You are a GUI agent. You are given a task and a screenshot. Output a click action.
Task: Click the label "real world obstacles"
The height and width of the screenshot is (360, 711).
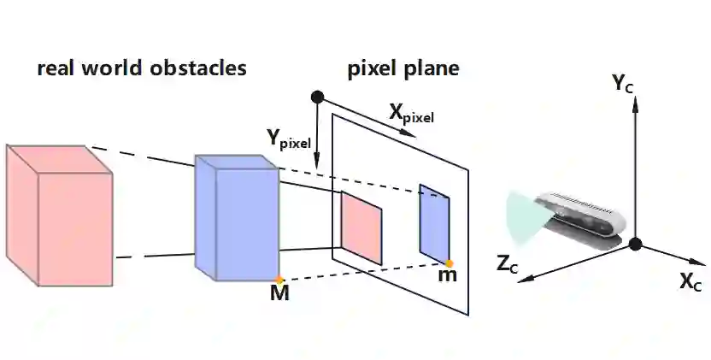point(142,69)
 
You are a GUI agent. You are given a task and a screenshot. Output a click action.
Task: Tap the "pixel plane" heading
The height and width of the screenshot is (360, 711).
point(403,69)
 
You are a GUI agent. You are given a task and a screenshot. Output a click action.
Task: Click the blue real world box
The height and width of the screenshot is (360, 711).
point(238,218)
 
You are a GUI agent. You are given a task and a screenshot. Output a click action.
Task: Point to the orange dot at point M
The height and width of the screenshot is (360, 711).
point(279,280)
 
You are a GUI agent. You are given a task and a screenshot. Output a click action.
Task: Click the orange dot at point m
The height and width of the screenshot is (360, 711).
point(450,263)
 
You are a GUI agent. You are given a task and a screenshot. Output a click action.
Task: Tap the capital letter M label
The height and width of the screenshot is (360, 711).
point(279,295)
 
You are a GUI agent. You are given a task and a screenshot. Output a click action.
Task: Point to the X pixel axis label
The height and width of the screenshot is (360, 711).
point(411,112)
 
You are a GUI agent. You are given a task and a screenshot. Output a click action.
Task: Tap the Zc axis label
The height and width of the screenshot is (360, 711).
point(508,263)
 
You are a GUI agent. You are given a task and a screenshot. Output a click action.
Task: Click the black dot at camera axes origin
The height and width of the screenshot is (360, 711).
point(634,245)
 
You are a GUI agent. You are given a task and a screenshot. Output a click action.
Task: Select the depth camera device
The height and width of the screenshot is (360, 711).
point(581,217)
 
